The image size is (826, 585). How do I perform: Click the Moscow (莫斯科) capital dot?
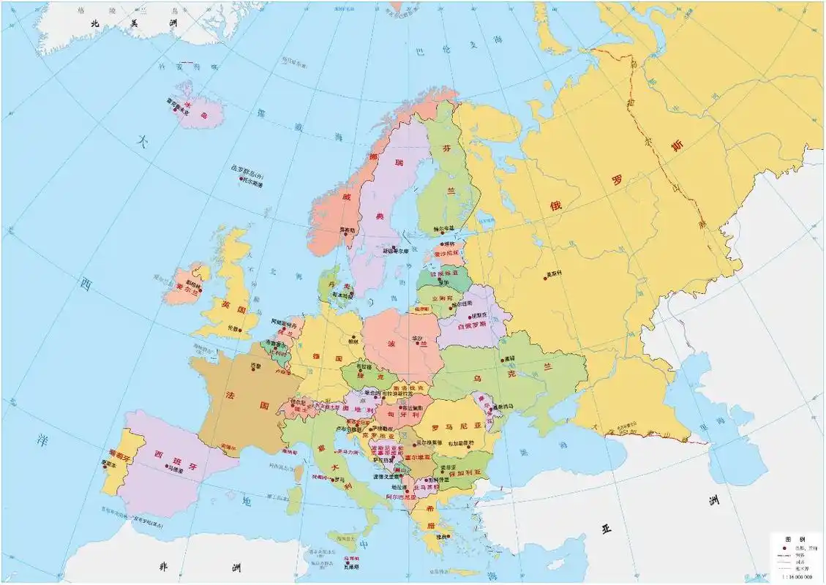(545, 277)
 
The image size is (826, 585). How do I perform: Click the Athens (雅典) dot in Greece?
(437, 534)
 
